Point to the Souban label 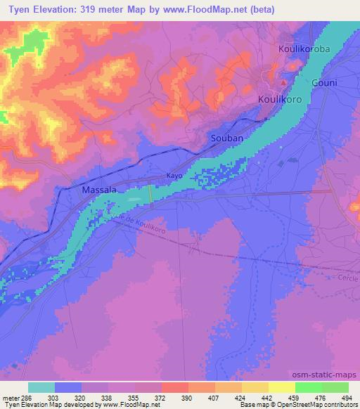(x=227, y=138)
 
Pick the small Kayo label (x=174, y=175)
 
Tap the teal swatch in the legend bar (x=41, y=387)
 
